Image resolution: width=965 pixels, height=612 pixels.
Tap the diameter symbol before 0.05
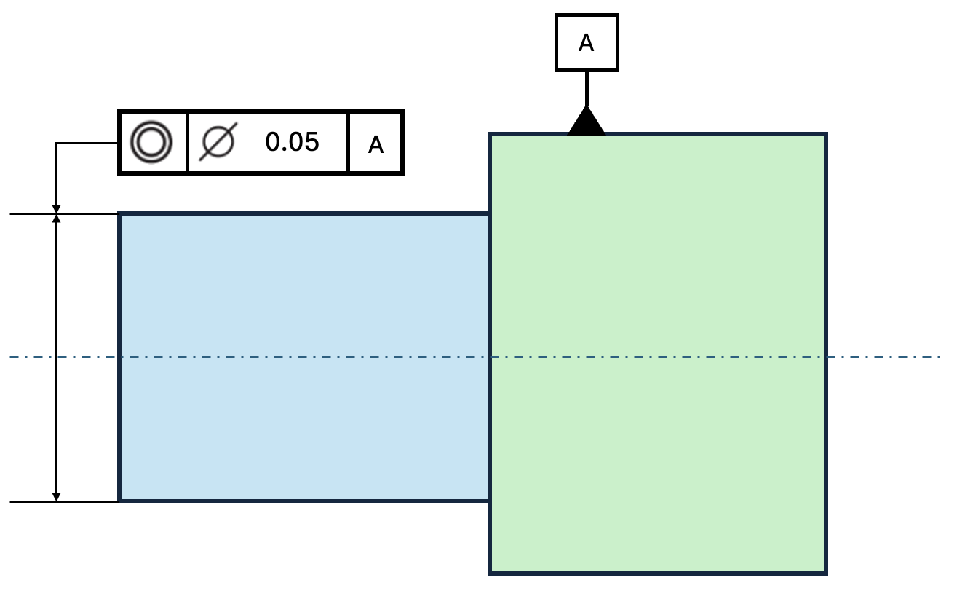[x=218, y=141]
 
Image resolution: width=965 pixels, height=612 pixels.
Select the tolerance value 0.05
[x=292, y=142]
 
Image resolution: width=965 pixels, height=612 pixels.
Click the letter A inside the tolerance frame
[x=376, y=145]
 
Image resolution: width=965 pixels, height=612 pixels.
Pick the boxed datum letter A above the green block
[x=587, y=43]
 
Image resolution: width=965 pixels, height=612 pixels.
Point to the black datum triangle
[x=587, y=122]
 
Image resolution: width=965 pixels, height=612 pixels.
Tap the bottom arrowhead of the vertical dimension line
[x=56, y=496]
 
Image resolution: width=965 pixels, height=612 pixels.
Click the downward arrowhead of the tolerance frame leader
[x=56, y=209]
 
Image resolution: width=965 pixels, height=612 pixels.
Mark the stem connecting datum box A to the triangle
[x=587, y=89]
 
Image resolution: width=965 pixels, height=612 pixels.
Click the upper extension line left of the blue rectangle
[x=64, y=213]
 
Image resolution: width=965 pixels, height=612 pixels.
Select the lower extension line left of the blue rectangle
[x=64, y=501]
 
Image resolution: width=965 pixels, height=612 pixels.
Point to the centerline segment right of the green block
[x=883, y=357]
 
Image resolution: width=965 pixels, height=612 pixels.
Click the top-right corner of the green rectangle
[x=826, y=134]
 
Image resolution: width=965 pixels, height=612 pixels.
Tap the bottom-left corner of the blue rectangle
[x=119, y=501]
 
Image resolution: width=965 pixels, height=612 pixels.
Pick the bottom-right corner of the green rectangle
[x=826, y=573]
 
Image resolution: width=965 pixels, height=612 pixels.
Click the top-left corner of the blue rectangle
[x=119, y=213]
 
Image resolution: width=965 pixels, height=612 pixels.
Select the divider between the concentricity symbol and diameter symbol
[x=188, y=142]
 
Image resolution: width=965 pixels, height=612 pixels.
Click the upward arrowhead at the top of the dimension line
[x=56, y=219]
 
